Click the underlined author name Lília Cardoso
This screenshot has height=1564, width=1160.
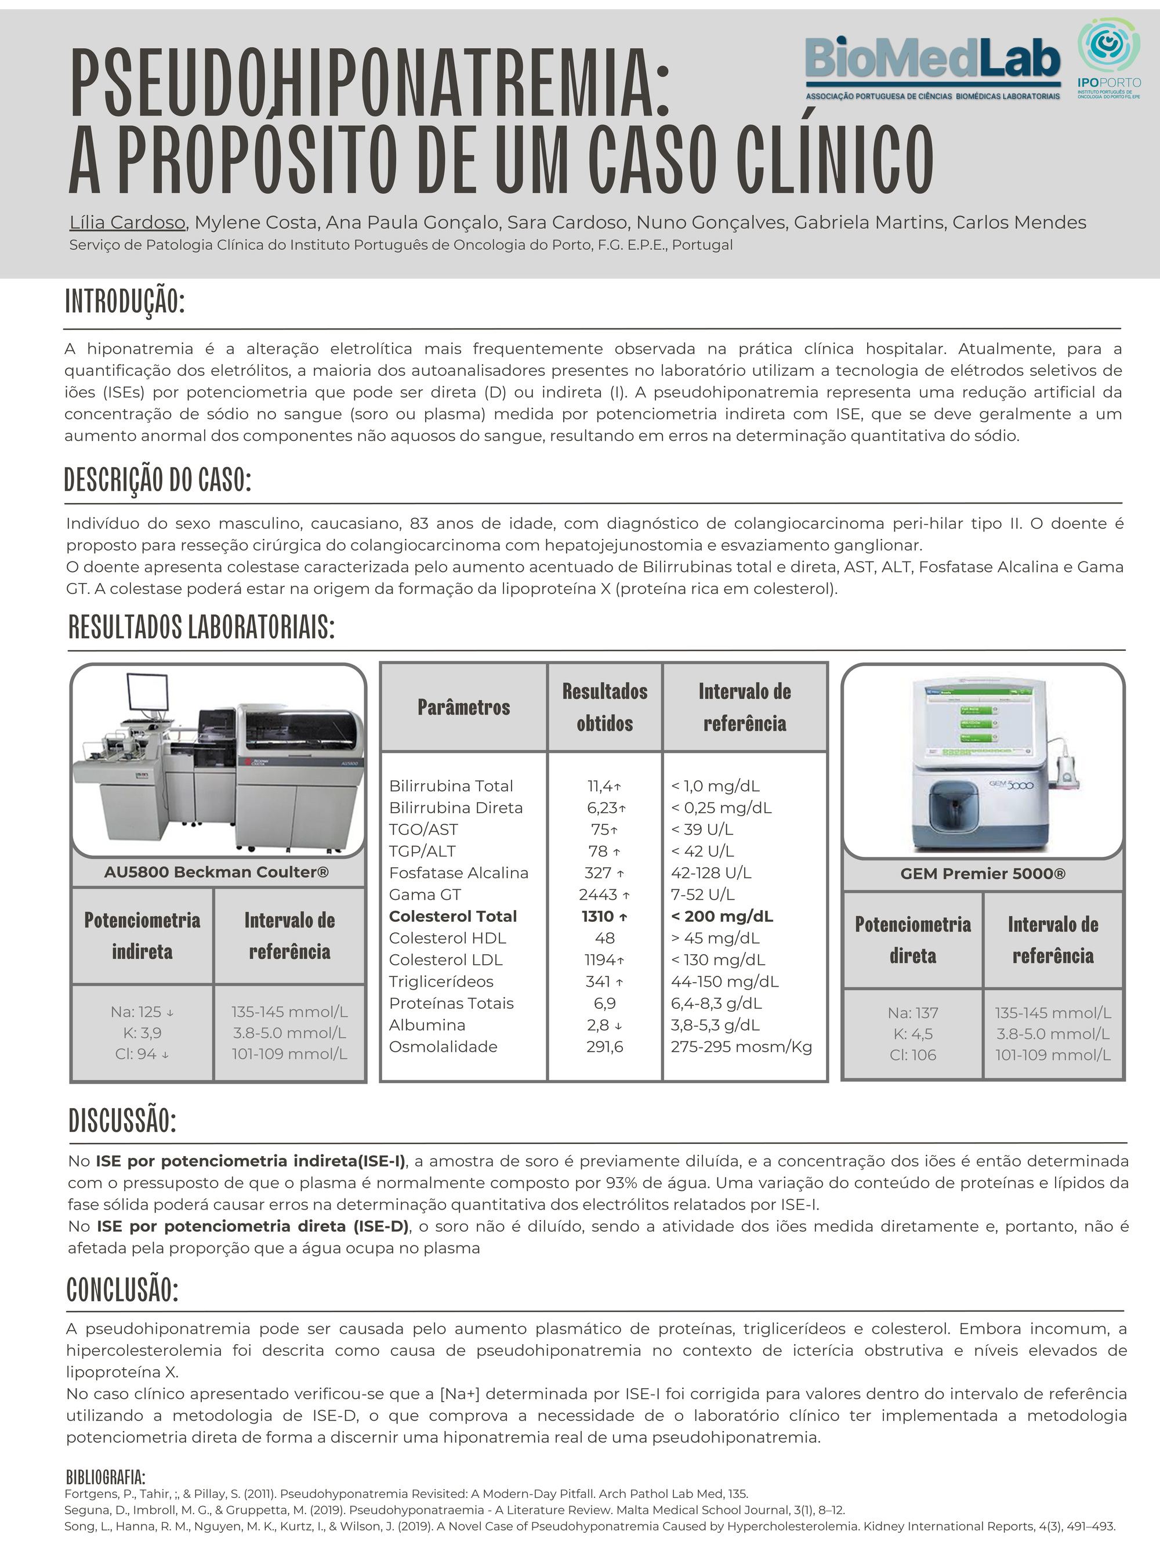pos(127,223)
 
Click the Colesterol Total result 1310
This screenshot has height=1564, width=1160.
pos(597,917)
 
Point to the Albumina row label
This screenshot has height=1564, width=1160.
pos(427,1025)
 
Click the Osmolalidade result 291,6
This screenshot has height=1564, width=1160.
pos(604,1047)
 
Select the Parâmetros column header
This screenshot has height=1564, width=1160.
pos(463,707)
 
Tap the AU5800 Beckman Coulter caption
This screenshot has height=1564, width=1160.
pos(216,872)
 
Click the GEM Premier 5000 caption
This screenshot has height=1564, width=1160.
pos(983,874)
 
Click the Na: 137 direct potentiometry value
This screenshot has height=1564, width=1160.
pos(912,1013)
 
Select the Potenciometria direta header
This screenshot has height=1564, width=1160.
pos(913,940)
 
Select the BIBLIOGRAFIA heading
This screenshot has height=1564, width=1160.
pos(106,1476)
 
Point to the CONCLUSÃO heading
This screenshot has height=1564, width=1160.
pos(123,1290)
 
